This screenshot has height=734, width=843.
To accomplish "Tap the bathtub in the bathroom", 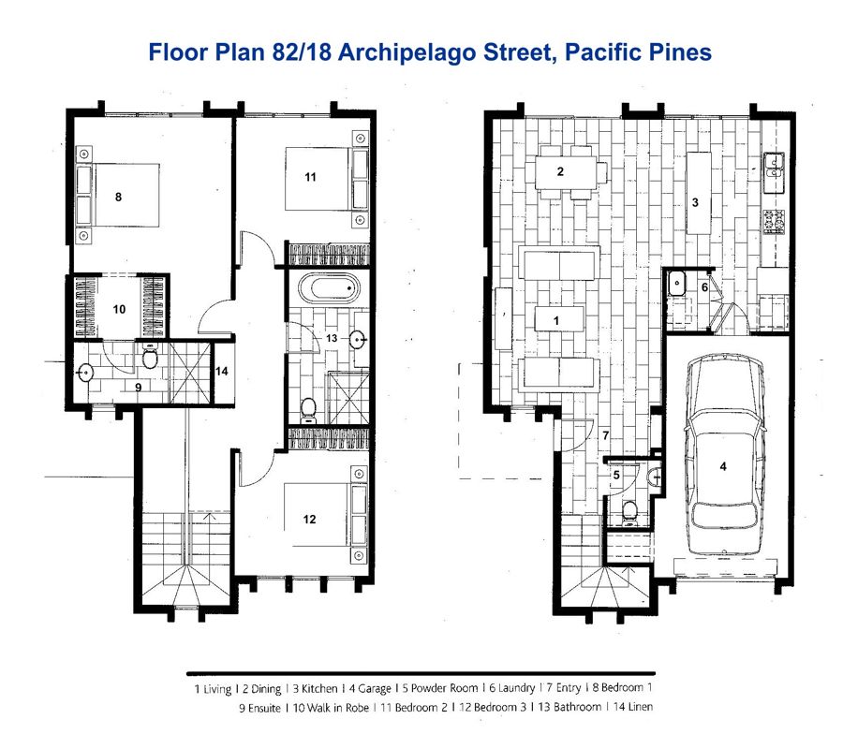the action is (329, 288).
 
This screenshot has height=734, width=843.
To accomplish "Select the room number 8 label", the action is (118, 198).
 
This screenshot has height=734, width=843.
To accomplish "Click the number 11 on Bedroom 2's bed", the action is (310, 177).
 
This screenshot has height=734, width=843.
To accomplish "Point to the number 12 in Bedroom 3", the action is (309, 519).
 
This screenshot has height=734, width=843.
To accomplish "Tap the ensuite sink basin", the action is (85, 372).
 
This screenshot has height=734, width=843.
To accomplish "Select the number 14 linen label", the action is (221, 371).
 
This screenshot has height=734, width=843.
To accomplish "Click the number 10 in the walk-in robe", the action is (119, 309).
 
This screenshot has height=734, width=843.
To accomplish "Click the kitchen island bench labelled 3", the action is (699, 193).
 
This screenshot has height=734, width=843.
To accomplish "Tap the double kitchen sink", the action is (775, 166).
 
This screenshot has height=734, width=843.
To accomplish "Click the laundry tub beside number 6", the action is (676, 283).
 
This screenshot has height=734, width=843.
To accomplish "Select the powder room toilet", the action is (629, 512).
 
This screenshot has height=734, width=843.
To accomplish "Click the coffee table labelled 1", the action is (559, 319).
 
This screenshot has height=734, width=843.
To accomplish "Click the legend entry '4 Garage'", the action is (370, 688).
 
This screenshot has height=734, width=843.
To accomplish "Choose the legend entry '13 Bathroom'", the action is (569, 707).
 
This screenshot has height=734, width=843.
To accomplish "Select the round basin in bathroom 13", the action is (358, 339).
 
